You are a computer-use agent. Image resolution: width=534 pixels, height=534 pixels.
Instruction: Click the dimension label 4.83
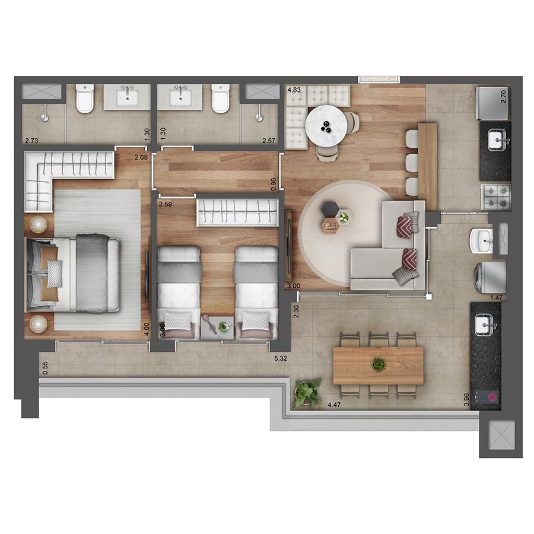tap(294, 90)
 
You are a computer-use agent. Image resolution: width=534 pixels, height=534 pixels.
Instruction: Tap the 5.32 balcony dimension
tap(281, 358)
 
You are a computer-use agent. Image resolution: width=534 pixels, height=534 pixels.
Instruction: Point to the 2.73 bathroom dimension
tap(31, 140)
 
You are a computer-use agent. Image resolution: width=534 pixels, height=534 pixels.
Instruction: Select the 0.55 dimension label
tap(45, 368)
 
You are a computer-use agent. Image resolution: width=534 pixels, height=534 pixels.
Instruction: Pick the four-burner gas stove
tap(495, 197)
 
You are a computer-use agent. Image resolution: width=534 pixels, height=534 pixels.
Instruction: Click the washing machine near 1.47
tap(490, 276)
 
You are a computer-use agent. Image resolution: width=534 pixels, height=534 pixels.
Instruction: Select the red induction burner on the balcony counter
tap(492, 397)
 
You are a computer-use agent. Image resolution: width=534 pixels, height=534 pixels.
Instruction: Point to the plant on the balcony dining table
tap(379, 364)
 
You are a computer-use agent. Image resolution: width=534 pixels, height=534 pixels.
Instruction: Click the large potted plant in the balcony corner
tap(307, 392)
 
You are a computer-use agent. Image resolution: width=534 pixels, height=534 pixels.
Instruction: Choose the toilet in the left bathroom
tap(84, 98)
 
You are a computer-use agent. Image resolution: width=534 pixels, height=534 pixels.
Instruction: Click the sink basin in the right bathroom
tap(180, 97)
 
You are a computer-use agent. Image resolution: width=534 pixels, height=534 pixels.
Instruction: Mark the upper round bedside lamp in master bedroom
tap(38, 224)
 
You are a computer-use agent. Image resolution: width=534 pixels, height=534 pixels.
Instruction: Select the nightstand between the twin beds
tap(217, 328)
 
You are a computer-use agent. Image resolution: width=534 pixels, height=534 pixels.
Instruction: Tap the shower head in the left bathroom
tap(44, 117)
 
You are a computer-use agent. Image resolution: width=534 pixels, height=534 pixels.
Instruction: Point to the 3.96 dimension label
tap(466, 399)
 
